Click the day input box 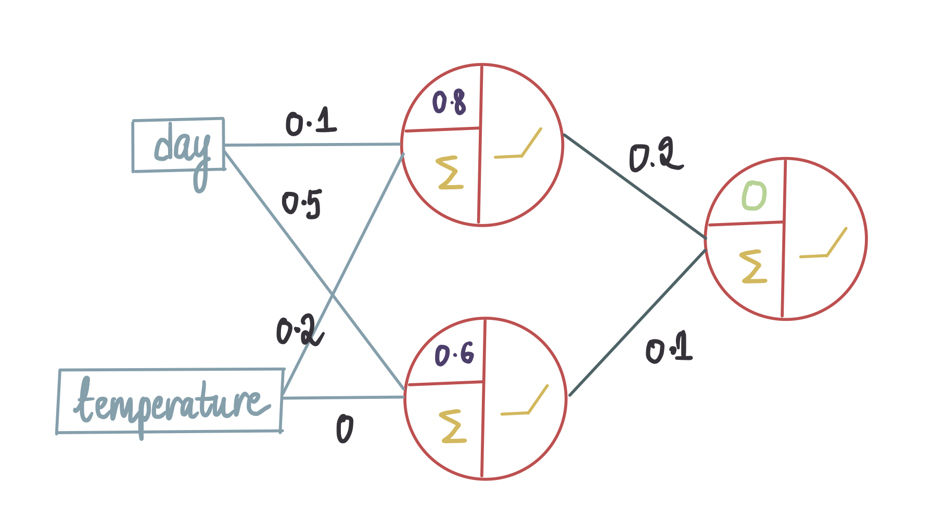[178, 145]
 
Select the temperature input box [170, 400]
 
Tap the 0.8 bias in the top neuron [449, 102]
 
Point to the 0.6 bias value [454, 355]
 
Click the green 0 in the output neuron [754, 196]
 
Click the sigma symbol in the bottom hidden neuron [453, 426]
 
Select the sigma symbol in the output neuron [754, 267]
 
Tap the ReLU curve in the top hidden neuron [518, 144]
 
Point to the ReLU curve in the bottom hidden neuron [525, 400]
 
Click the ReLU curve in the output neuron [823, 243]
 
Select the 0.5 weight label [302, 204]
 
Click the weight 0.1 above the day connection [311, 122]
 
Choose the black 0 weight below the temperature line [345, 429]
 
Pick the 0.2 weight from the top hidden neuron [656, 157]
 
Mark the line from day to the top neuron [313, 145]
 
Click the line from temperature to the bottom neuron [345, 398]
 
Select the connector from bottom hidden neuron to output [638, 322]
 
